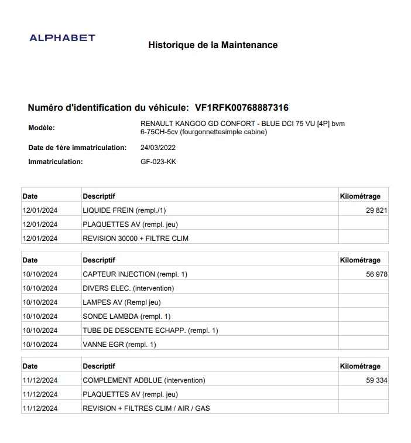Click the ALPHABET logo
(x=62, y=38)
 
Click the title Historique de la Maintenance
(x=213, y=45)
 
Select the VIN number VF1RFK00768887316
(x=241, y=108)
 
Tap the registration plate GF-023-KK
(x=158, y=162)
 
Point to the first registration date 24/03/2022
(x=158, y=148)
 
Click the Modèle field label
(x=42, y=128)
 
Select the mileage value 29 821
(x=376, y=210)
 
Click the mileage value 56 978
(x=376, y=274)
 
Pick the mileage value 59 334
(x=376, y=380)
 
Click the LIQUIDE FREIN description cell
(x=128, y=210)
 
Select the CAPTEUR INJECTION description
(x=135, y=274)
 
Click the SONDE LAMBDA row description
(x=126, y=316)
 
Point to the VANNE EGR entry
(x=119, y=345)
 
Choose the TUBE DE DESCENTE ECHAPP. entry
(x=150, y=330)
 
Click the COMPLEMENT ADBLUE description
(x=144, y=380)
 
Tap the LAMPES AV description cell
(x=121, y=302)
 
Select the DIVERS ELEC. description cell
(x=128, y=288)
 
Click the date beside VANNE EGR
(x=40, y=345)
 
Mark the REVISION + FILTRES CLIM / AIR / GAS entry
(x=146, y=408)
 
